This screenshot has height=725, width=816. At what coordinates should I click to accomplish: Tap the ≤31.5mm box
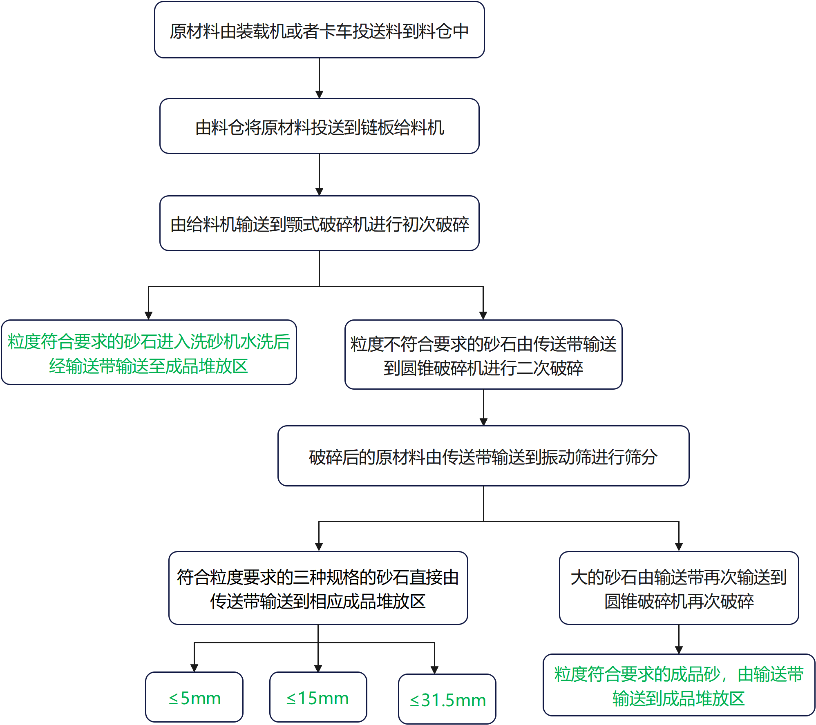[447, 699]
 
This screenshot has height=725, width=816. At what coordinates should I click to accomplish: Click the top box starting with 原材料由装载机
[319, 30]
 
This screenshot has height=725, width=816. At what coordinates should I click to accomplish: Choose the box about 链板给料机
[319, 127]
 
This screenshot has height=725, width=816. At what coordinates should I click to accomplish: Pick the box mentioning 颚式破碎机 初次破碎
[319, 223]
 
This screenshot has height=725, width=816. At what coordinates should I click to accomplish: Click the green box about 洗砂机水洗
[149, 352]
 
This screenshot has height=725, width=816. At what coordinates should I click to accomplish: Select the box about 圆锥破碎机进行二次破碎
[483, 355]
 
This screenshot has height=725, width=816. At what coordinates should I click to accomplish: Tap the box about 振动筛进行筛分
[483, 456]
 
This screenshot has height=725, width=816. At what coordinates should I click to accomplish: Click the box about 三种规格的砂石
[318, 588]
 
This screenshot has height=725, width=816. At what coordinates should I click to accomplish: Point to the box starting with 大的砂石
[679, 588]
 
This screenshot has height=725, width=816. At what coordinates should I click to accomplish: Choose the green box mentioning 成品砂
[679, 685]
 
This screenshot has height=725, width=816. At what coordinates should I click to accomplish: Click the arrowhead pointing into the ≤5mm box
[194, 668]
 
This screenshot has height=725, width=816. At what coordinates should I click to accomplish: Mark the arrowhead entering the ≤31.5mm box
[434, 670]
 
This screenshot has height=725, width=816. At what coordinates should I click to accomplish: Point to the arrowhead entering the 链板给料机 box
[319, 94]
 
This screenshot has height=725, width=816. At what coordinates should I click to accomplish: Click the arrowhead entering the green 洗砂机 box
[149, 316]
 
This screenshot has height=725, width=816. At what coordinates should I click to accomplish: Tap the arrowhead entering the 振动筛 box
[483, 422]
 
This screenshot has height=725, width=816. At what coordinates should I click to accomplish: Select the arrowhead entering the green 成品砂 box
[679, 650]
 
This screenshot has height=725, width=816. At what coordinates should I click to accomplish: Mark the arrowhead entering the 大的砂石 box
[679, 547]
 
